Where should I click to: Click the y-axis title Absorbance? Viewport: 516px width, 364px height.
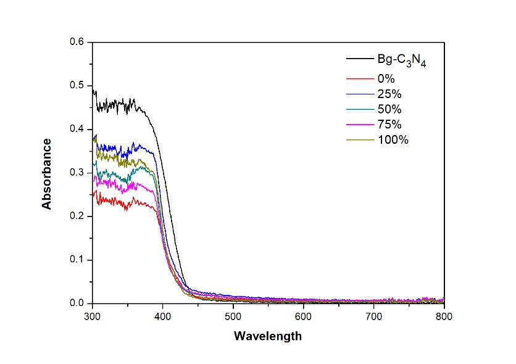tap(47, 173)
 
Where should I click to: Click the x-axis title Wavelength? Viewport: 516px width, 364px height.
tap(267, 336)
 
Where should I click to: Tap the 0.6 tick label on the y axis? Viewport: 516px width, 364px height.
tap(78, 42)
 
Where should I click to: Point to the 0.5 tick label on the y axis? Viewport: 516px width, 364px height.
tap(78, 86)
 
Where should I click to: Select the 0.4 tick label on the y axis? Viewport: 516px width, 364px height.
tap(78, 129)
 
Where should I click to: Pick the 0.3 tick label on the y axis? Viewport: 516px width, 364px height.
tap(78, 173)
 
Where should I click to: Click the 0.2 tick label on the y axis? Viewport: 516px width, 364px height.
tap(78, 217)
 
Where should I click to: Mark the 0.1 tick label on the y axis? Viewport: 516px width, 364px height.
tap(78, 260)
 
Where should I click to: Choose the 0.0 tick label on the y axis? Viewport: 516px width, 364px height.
tap(78, 304)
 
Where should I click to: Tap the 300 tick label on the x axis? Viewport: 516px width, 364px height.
tap(92, 316)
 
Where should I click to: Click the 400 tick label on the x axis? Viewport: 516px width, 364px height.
tap(162, 316)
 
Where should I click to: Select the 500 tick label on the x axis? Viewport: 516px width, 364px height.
tap(233, 316)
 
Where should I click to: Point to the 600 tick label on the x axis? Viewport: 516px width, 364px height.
tap(303, 316)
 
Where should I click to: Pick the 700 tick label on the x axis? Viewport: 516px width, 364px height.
tap(373, 316)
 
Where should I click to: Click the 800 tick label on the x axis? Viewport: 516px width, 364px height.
tap(444, 316)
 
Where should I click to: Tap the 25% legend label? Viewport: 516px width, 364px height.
tap(389, 94)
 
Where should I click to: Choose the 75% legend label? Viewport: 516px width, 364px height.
tap(389, 125)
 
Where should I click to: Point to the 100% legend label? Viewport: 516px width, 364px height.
tap(393, 140)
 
